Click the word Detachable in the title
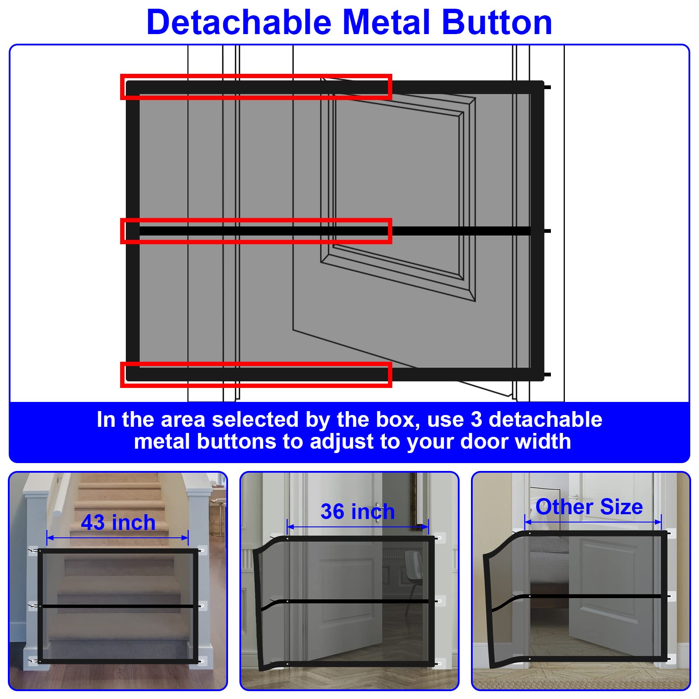(x=239, y=22)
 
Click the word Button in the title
(x=497, y=22)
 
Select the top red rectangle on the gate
(x=256, y=87)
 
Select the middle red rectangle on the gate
(x=256, y=231)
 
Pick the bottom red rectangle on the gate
(x=256, y=374)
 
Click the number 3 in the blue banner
(x=476, y=419)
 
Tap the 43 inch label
(x=118, y=523)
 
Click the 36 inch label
(x=357, y=512)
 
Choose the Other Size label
(x=589, y=507)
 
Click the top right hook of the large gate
(x=547, y=87)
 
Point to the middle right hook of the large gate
(x=547, y=231)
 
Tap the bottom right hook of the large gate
(x=547, y=374)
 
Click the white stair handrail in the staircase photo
(x=61, y=498)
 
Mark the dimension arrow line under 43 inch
(x=117, y=537)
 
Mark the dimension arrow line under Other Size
(x=593, y=522)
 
